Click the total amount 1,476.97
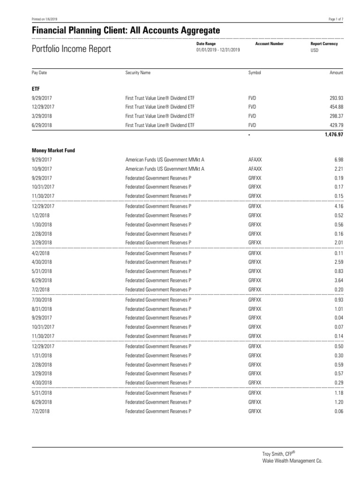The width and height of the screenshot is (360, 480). click(x=334, y=135)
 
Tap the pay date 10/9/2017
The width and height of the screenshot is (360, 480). click(x=41, y=169)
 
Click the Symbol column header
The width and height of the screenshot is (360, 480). click(x=255, y=73)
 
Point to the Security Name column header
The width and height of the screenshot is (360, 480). click(x=138, y=73)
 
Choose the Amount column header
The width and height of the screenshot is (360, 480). click(x=337, y=73)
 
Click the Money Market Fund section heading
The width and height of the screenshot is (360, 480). click(x=53, y=150)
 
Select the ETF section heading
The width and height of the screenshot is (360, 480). click(x=35, y=88)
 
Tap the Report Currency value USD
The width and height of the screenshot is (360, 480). click(x=314, y=50)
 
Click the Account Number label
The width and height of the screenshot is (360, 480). click(x=269, y=44)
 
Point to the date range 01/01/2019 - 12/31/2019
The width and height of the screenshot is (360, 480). click(x=218, y=50)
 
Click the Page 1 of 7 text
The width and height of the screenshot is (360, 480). click(x=337, y=19)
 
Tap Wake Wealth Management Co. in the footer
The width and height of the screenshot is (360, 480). click(x=292, y=461)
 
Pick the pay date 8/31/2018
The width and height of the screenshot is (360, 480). click(x=42, y=309)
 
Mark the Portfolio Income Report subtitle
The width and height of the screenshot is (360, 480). click(x=71, y=49)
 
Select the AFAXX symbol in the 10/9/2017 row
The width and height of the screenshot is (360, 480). click(x=255, y=169)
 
